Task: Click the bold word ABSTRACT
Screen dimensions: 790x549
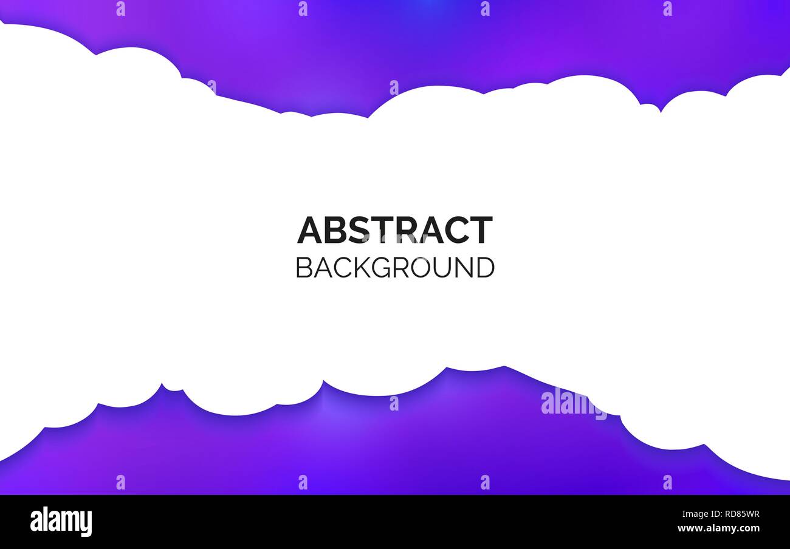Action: click(395, 230)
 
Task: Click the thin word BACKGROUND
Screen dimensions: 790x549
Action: click(395, 268)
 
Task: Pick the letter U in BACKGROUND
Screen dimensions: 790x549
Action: click(447, 268)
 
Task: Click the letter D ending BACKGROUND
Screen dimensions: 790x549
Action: click(487, 268)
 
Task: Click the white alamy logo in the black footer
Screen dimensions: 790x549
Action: click(61, 521)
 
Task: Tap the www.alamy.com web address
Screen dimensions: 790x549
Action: click(718, 528)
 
